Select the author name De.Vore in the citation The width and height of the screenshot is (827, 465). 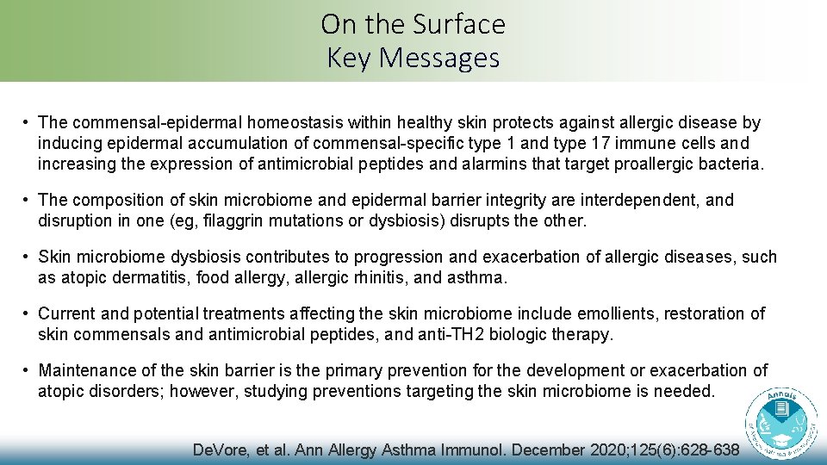click(221, 450)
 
